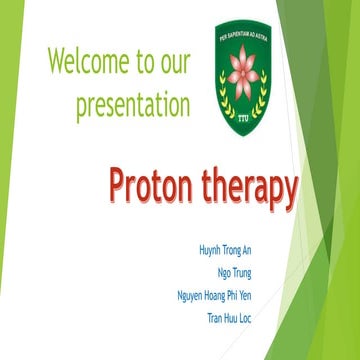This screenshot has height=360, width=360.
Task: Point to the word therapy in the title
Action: click(247, 188)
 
